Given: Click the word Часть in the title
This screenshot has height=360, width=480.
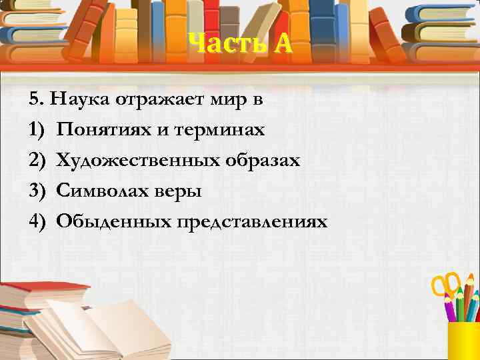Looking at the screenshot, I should (221, 44).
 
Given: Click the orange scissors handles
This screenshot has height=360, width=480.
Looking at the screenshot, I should (446, 283).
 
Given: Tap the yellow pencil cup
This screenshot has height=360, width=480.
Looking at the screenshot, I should (465, 341).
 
